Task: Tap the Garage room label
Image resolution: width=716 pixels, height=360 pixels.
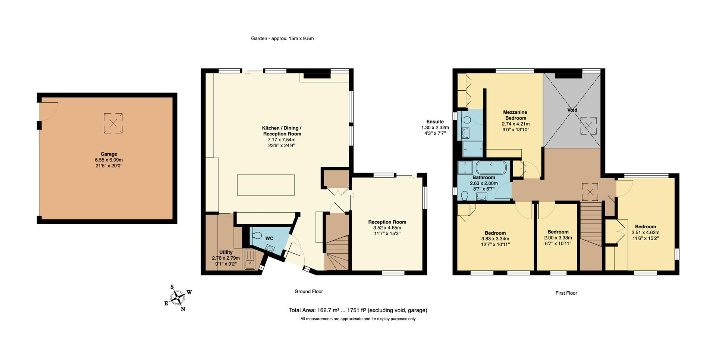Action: click(x=109, y=154)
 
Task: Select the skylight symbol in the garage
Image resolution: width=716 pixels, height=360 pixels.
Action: click(x=113, y=123)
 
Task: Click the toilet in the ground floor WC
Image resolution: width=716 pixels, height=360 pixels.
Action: click(x=257, y=235)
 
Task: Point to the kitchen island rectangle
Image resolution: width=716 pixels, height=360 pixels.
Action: click(x=266, y=185)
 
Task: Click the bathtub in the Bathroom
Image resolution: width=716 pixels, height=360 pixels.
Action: click(x=491, y=168)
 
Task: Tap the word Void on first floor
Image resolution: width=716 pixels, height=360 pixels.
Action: click(x=572, y=110)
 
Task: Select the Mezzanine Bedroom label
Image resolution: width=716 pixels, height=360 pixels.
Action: click(x=515, y=115)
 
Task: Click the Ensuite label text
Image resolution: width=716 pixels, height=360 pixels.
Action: click(x=435, y=122)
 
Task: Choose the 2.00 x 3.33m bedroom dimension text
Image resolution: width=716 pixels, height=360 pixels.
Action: click(x=558, y=238)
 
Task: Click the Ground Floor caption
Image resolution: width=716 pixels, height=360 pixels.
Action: click(x=308, y=291)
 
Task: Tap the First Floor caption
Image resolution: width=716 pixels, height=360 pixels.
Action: click(x=566, y=293)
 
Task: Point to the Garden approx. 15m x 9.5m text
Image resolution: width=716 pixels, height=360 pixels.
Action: click(x=282, y=38)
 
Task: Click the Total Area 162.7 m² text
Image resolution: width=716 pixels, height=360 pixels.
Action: click(x=358, y=310)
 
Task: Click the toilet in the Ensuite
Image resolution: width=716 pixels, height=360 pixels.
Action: click(x=465, y=119)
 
